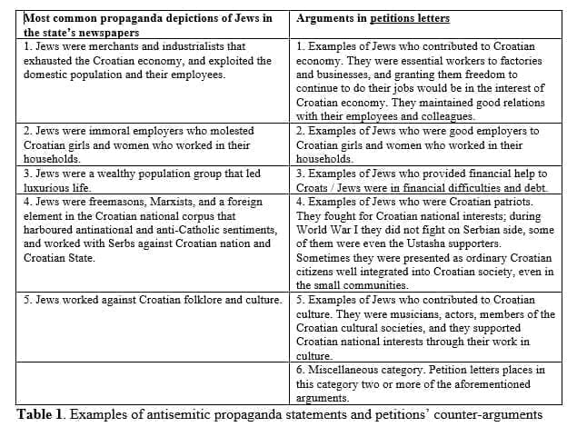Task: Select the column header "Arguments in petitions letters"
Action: pyautogui.click(x=373, y=18)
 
